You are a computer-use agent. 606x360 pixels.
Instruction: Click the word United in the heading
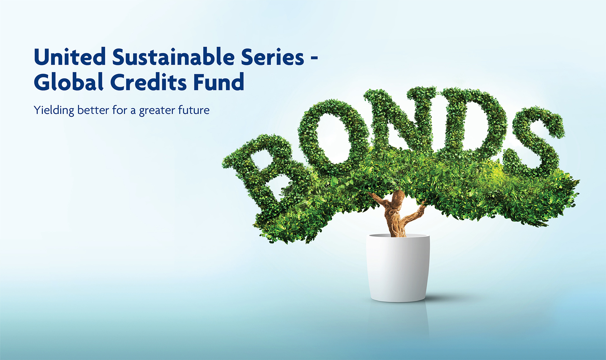(x=70, y=57)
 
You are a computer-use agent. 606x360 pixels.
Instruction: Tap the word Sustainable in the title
(x=174, y=57)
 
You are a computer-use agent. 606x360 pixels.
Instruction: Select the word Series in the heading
(x=272, y=57)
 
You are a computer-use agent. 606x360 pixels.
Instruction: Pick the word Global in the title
(x=68, y=82)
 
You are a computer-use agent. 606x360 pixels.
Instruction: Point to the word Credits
(x=148, y=82)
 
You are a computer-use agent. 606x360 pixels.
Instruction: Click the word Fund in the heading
(x=219, y=82)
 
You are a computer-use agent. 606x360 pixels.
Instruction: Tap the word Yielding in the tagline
(x=54, y=111)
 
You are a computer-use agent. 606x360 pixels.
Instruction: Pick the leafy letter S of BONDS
(x=537, y=139)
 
